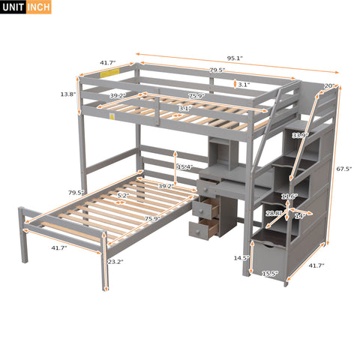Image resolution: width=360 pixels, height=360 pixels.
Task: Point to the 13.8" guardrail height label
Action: [68, 95]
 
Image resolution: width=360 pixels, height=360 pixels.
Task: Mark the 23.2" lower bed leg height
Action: [115, 262]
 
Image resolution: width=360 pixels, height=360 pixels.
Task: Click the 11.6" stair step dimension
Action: [288, 196]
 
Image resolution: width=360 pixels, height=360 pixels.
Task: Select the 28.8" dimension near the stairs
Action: [274, 214]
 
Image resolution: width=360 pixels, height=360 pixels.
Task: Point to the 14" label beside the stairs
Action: [300, 216]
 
